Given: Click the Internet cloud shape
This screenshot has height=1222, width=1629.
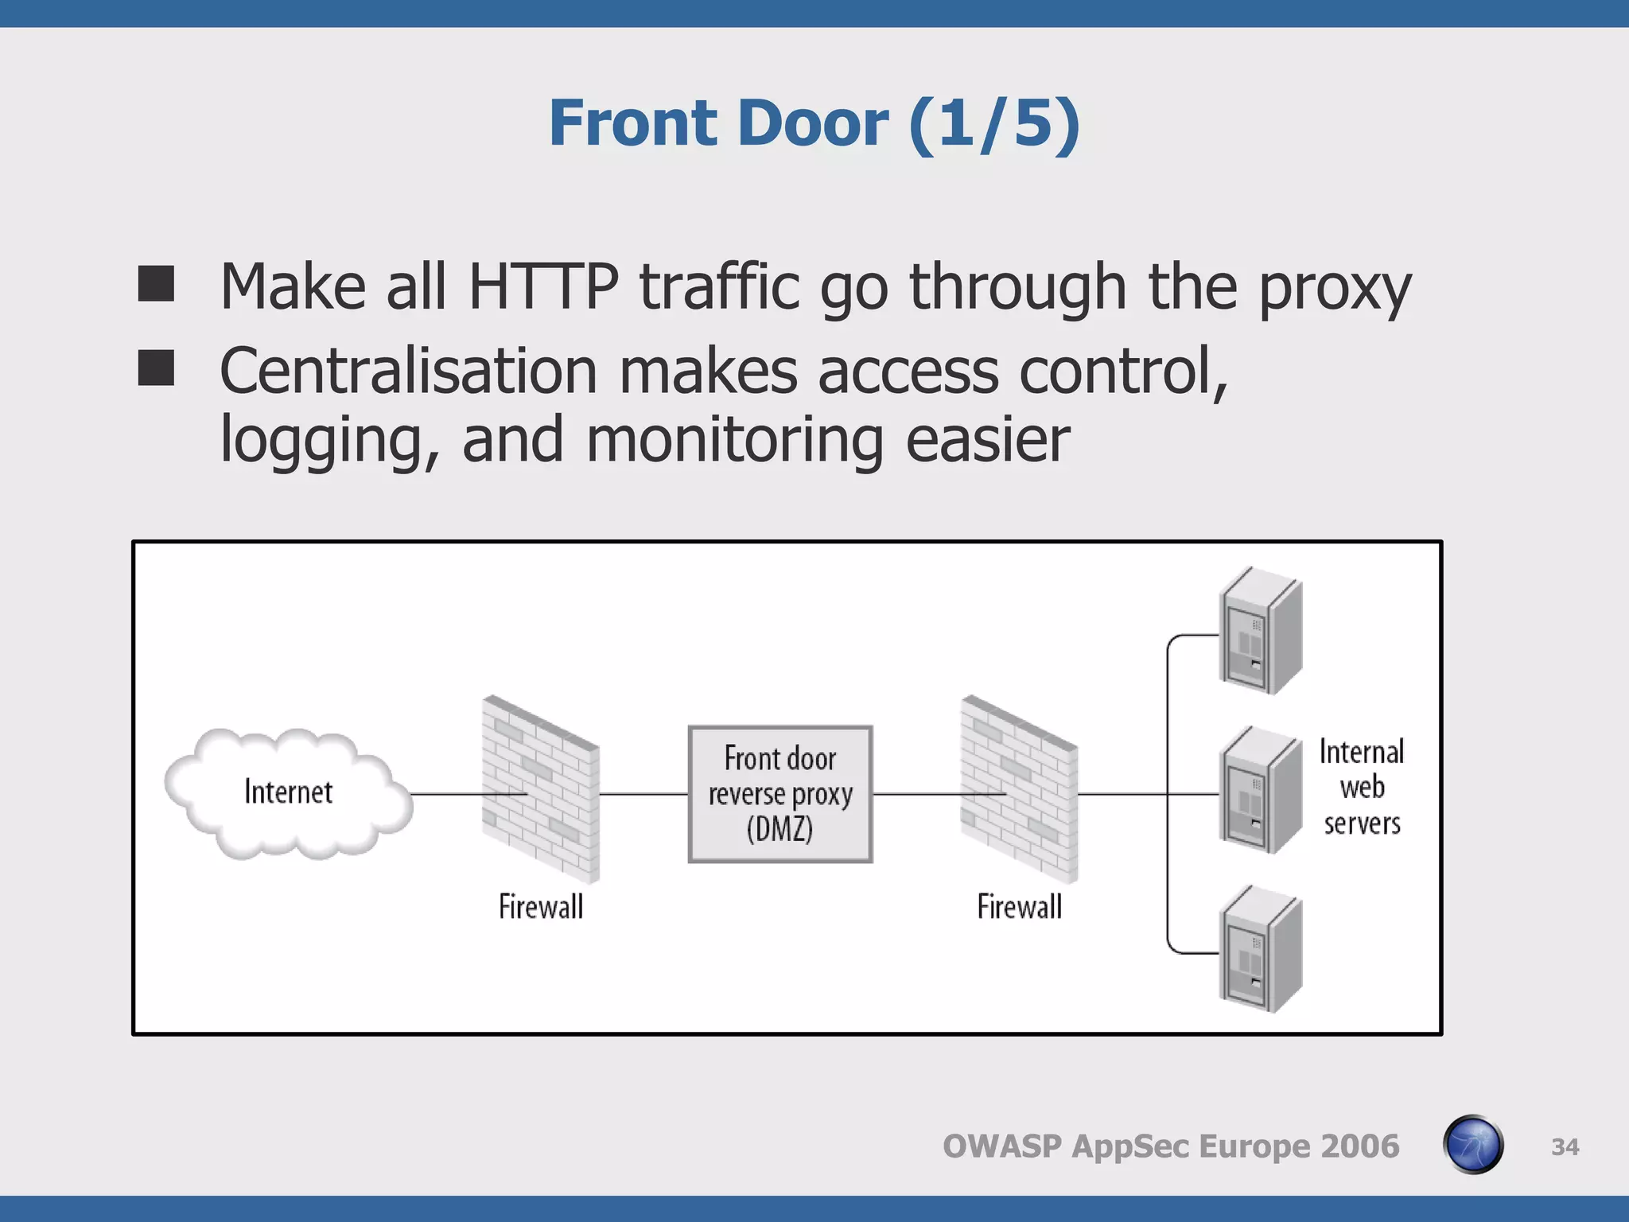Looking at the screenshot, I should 288,794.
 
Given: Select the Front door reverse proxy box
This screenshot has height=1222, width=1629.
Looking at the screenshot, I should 780,794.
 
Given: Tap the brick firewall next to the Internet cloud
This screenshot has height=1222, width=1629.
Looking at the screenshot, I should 541,789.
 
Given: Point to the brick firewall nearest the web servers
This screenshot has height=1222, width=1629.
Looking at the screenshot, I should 1019,789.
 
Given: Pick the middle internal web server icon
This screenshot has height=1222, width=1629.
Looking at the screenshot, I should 1260,791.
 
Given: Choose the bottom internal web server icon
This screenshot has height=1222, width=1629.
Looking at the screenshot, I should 1260,950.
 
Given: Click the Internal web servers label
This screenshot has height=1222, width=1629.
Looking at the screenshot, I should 1362,787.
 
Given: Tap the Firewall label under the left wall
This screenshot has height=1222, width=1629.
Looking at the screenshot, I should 541,907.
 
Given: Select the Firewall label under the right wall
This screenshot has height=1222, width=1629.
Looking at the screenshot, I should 1019,907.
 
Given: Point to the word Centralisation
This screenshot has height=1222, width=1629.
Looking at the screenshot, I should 408,372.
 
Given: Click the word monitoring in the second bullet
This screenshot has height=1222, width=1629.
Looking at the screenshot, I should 734,440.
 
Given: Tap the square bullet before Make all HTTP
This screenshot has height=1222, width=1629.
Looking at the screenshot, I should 156,284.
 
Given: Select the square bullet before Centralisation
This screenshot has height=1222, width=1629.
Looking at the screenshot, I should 156,368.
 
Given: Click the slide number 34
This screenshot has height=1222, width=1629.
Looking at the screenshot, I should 1565,1147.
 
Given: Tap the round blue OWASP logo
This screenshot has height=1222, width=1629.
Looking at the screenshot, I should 1472,1145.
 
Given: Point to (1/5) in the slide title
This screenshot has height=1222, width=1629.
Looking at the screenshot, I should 993,123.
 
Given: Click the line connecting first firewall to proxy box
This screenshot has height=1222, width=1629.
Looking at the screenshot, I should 643,794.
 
